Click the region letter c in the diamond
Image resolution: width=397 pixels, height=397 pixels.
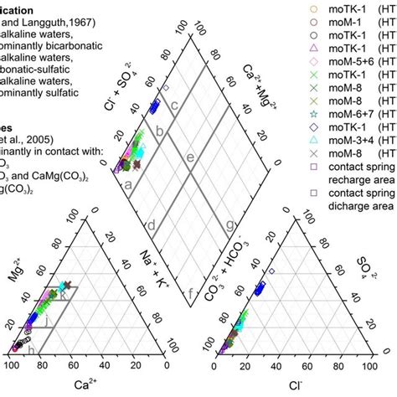[175, 106]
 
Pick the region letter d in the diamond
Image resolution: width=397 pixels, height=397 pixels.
[151, 225]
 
